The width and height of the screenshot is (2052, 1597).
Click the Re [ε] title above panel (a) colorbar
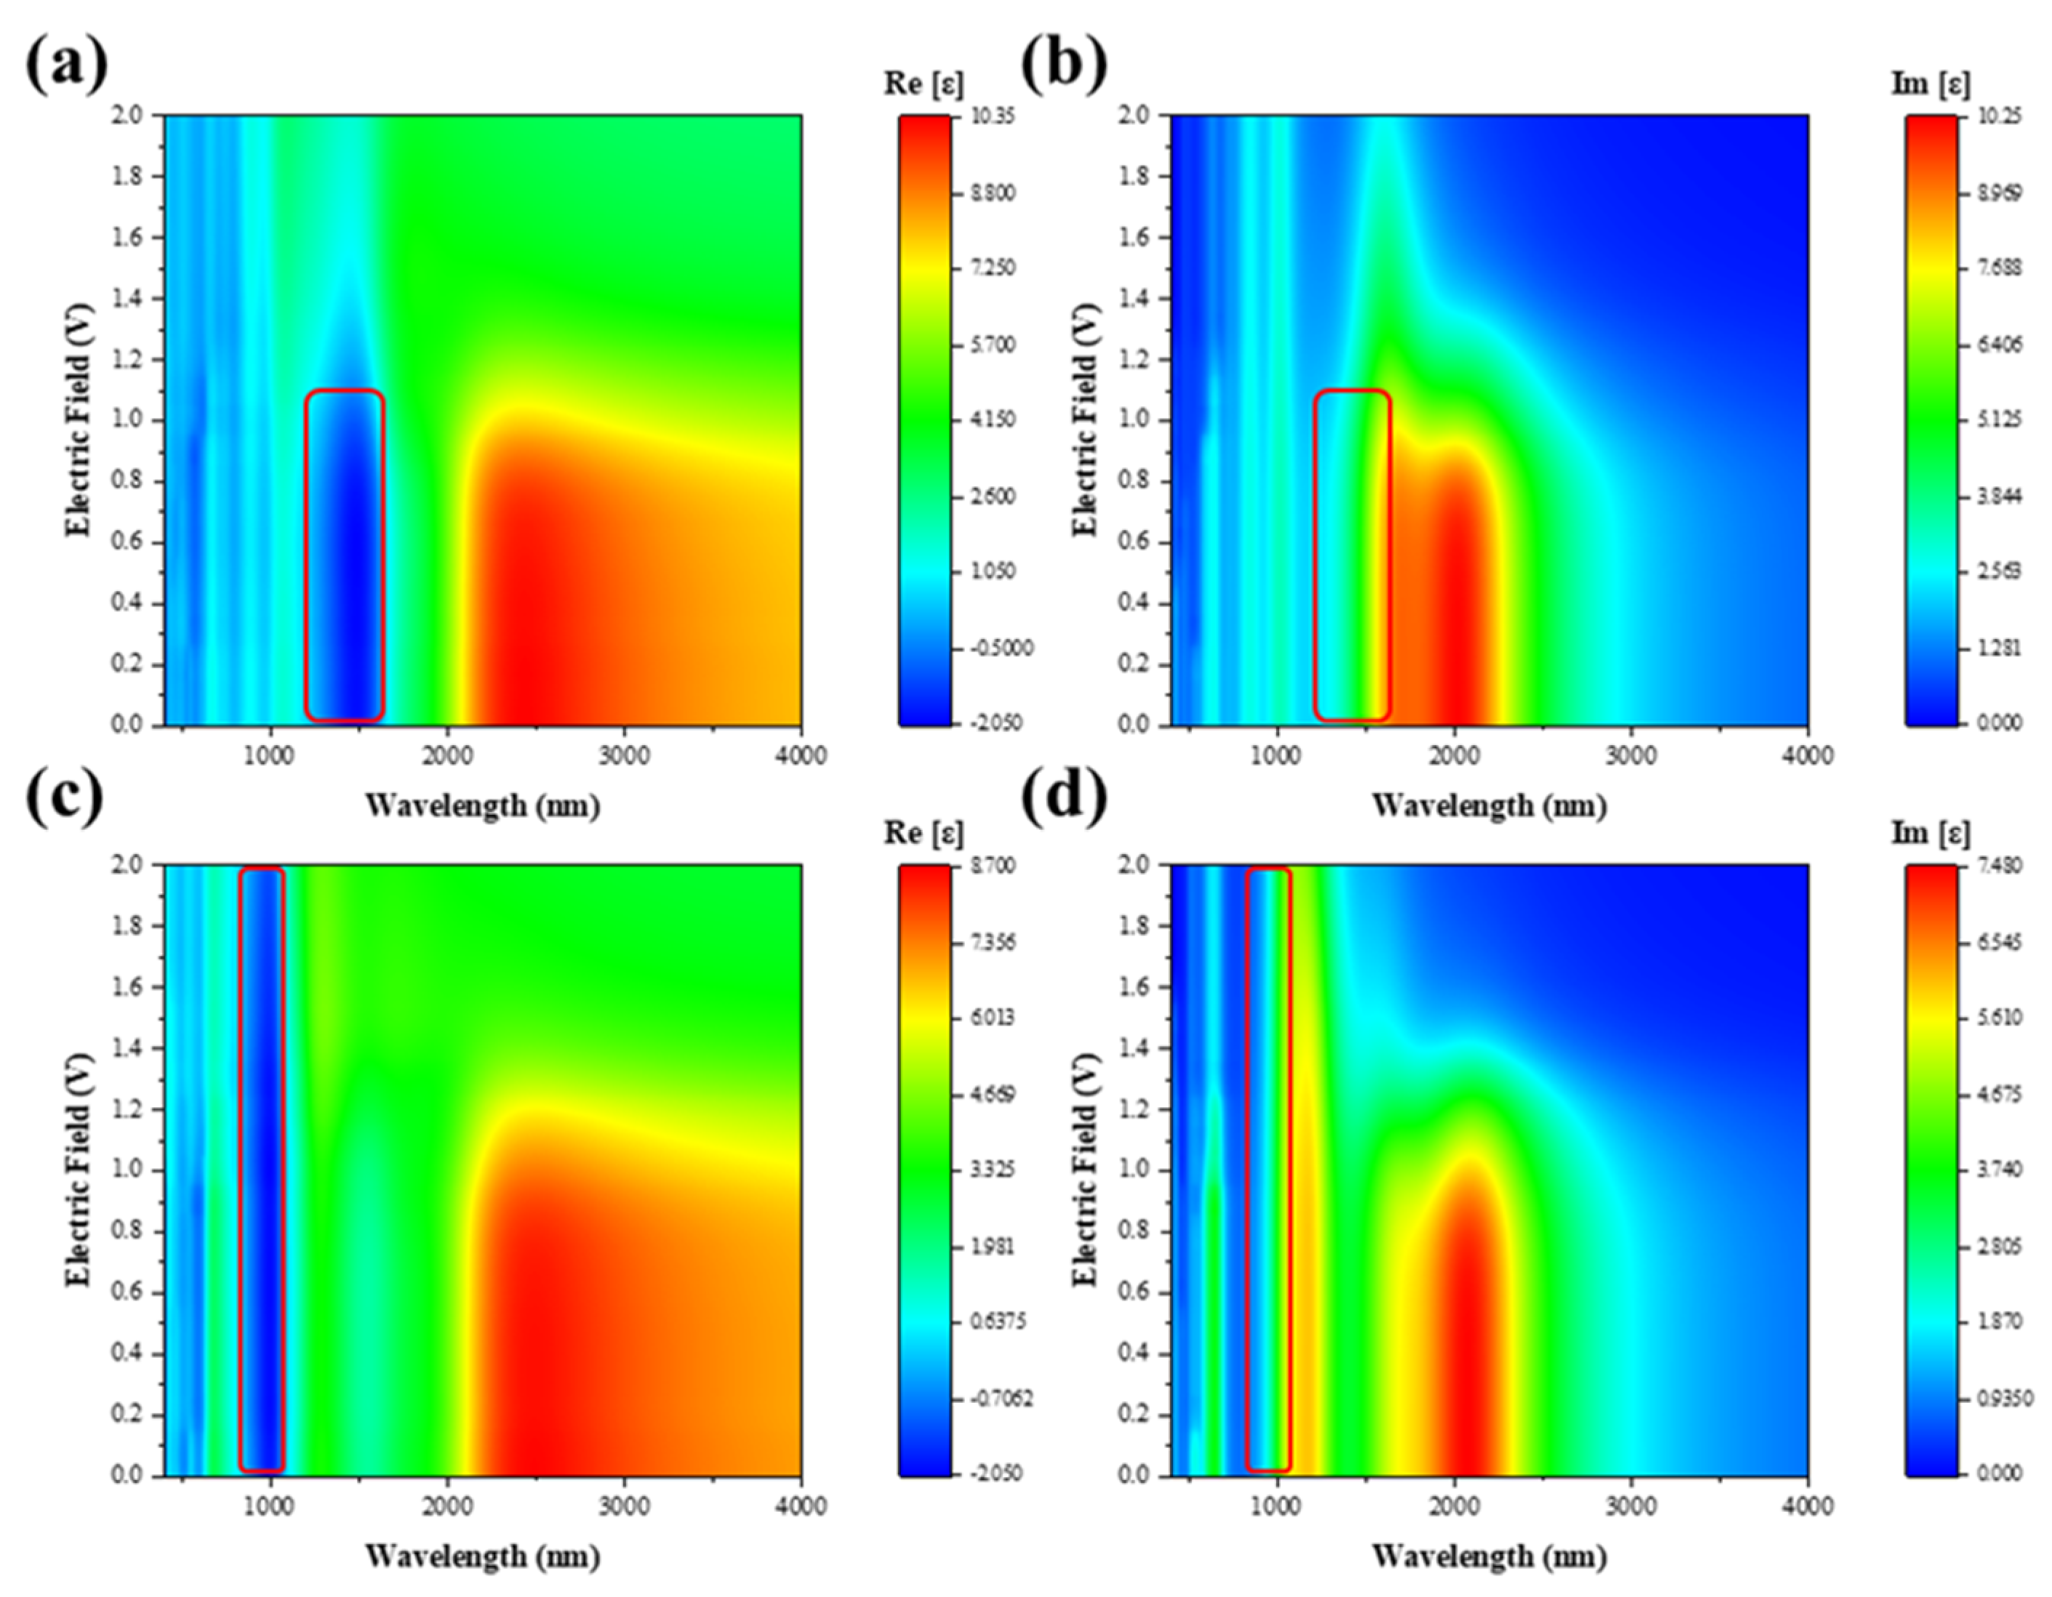923,84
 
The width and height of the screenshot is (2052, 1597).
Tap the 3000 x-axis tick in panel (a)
624,756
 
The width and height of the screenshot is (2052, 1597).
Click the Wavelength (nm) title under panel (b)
1489,806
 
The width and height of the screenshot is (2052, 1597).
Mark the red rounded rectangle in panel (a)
345,555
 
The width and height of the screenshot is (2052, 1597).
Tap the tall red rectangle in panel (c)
262,1170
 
